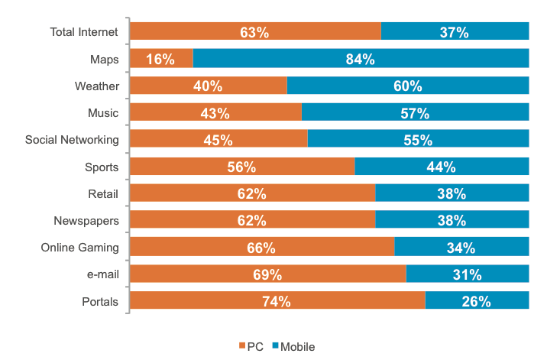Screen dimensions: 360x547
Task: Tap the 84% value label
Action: click(360, 59)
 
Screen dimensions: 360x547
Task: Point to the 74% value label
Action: click(277, 301)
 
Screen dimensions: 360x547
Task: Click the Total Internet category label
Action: click(84, 32)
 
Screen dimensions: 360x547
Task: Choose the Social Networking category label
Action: click(72, 140)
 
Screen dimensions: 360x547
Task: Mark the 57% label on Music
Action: click(415, 113)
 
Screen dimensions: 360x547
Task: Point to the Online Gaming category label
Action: click(79, 248)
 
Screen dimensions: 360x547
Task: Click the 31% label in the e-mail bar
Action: click(467, 274)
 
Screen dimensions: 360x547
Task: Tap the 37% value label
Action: click(454, 32)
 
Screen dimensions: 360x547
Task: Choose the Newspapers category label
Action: click(86, 220)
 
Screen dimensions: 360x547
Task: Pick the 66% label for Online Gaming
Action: click(261, 248)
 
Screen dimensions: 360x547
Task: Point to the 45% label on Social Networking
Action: click(218, 140)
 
